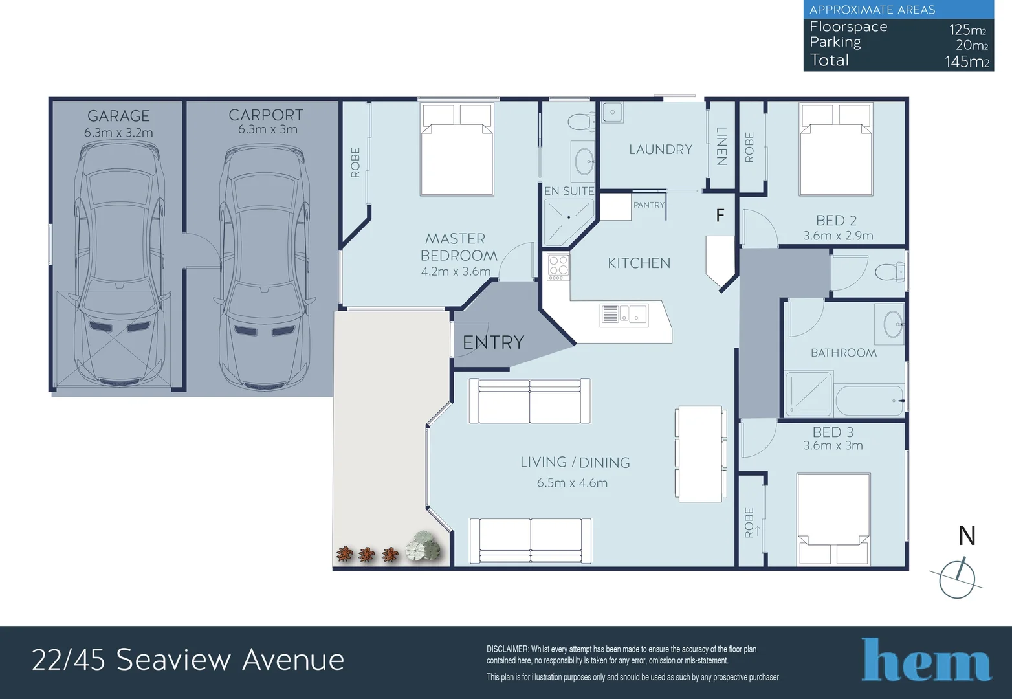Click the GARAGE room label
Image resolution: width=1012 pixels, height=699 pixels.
tap(118, 116)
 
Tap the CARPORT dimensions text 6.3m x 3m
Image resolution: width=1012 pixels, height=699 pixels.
tap(267, 129)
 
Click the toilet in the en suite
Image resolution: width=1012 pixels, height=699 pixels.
tap(580, 121)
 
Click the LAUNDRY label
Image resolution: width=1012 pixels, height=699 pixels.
tap(661, 150)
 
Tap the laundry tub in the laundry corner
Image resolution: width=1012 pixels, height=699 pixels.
tap(612, 112)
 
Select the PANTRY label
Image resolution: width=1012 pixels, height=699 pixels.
tap(648, 205)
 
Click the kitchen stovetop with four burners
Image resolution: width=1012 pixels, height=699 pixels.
tap(558, 267)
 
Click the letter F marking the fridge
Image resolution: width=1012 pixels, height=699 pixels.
tap(720, 216)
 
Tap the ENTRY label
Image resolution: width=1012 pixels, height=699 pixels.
tap(493, 342)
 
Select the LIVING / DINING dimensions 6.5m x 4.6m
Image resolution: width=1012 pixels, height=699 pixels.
tap(572, 483)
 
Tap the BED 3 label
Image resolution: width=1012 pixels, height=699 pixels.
tap(833, 432)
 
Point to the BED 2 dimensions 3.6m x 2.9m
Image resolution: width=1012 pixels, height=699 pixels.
tap(838, 236)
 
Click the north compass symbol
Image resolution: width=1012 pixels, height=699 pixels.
tap(957, 578)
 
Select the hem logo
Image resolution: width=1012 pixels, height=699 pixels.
tap(926, 660)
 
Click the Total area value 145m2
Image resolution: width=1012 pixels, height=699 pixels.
tap(966, 61)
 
